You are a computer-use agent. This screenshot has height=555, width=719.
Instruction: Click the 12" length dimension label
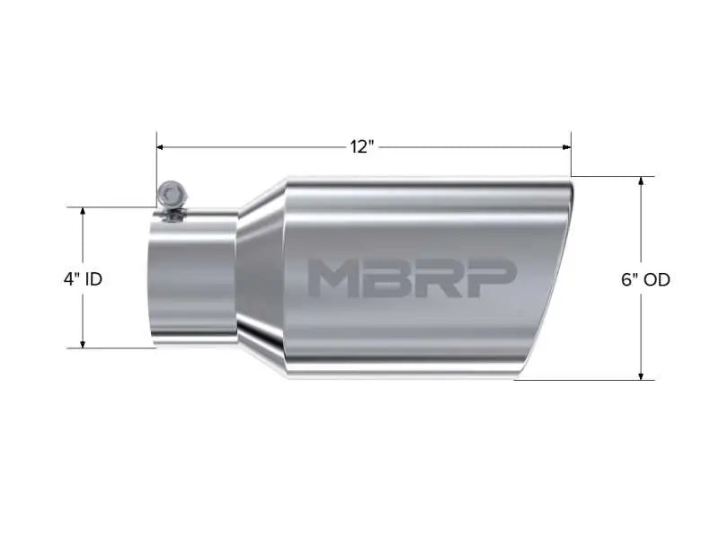point(361,146)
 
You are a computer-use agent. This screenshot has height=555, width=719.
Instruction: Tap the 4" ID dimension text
point(83,279)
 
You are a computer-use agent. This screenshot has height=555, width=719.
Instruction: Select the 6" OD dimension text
point(645,279)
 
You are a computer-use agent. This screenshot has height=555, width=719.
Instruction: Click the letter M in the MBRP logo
point(331,278)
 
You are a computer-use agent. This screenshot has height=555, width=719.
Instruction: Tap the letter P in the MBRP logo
point(492,278)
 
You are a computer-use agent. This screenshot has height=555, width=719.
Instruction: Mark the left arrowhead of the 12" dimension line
point(162,146)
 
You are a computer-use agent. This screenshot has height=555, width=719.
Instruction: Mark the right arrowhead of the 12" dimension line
point(566,146)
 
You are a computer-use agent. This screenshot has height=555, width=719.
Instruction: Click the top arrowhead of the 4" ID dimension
point(83,212)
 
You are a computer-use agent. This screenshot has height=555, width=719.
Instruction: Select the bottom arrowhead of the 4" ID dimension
point(83,343)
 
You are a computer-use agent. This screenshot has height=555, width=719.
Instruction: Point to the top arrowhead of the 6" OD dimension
point(641,181)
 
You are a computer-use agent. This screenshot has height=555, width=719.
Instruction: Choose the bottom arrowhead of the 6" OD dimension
point(641,374)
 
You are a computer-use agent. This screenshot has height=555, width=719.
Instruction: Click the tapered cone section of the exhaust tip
point(261,278)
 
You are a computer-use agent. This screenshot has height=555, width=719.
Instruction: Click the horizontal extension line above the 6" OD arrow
point(611,175)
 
